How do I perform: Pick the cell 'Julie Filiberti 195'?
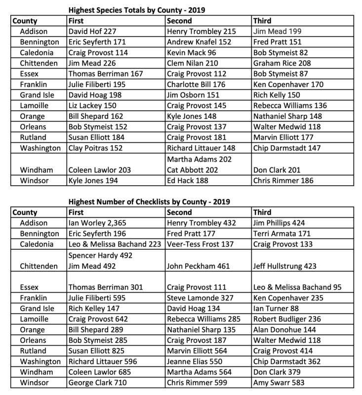click(x=97, y=84)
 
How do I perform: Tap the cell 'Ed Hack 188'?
click(x=188, y=181)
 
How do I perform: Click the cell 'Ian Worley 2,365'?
click(x=97, y=223)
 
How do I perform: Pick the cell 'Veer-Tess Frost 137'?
click(x=200, y=245)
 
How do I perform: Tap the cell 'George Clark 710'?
click(x=97, y=383)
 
